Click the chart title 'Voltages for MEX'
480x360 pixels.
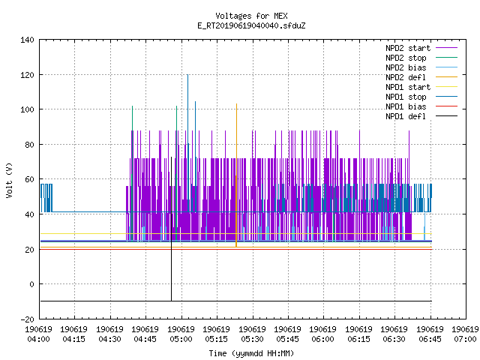click(x=251, y=16)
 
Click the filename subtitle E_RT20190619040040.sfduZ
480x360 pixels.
click(x=251, y=25)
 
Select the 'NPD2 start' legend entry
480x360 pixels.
click(x=421, y=48)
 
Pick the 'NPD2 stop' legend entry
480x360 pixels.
click(x=421, y=58)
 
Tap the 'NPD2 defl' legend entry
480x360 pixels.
click(x=421, y=77)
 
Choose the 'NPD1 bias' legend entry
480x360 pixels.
click(x=421, y=106)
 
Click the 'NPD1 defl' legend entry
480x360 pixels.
click(x=421, y=116)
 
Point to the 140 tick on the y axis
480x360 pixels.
click(x=27, y=40)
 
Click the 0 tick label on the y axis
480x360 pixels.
click(x=31, y=284)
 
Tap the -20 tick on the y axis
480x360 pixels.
click(x=27, y=319)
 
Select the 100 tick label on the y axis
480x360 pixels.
click(x=27, y=109)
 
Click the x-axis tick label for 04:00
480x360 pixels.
click(x=38, y=334)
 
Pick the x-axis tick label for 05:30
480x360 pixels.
click(x=252, y=334)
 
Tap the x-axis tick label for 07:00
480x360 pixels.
click(x=465, y=334)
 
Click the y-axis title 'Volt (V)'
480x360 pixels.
click(x=9, y=180)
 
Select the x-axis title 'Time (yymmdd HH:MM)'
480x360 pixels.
click(x=251, y=353)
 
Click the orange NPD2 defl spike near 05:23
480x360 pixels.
click(x=236, y=175)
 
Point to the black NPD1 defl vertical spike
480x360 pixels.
click(x=171, y=229)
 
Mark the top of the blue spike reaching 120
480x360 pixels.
click(x=187, y=75)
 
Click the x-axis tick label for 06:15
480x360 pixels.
click(x=358, y=334)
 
